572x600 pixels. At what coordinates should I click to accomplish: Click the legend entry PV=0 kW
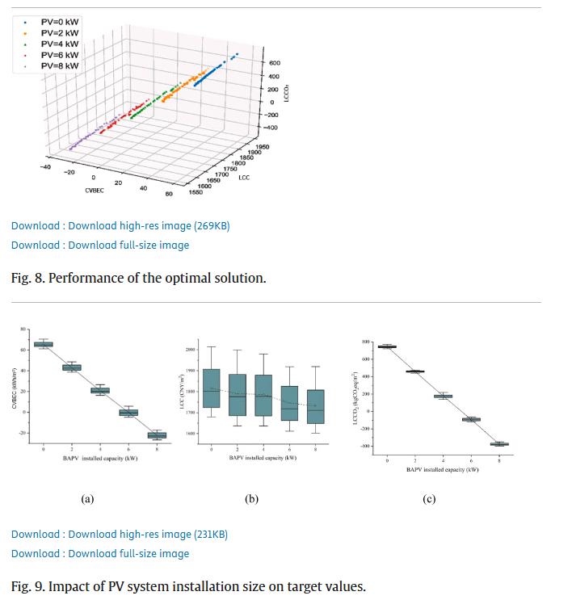[59, 22]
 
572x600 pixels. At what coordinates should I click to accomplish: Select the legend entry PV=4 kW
[59, 44]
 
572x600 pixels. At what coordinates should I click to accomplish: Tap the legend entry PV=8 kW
[59, 65]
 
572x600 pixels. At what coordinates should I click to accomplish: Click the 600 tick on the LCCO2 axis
[275, 63]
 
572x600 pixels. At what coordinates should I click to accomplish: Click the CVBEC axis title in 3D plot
[95, 191]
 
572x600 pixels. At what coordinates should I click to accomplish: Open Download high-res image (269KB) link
[120, 226]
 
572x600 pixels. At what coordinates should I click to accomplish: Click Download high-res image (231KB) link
[120, 535]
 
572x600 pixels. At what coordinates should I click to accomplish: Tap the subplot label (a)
[87, 499]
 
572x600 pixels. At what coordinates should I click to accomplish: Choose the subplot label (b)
[251, 499]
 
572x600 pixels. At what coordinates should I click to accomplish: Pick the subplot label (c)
[429, 499]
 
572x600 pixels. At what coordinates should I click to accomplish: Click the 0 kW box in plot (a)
[43, 345]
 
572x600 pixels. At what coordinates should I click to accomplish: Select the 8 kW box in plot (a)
[157, 435]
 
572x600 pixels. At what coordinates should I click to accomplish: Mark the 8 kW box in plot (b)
[315, 406]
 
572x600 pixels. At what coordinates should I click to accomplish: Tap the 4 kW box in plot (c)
[443, 397]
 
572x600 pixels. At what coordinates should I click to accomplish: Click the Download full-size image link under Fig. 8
[100, 245]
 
